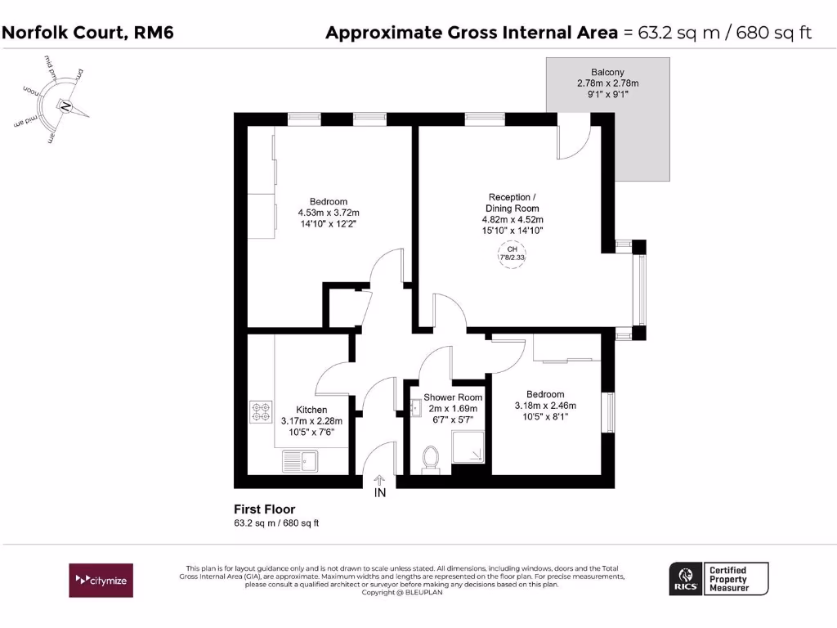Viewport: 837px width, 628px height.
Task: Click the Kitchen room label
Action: pyautogui.click(x=311, y=410)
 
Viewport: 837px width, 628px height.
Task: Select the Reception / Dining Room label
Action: pyautogui.click(x=512, y=203)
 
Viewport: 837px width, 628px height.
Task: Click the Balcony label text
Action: pyautogui.click(x=608, y=72)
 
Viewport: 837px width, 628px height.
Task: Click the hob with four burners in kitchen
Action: pyautogui.click(x=261, y=412)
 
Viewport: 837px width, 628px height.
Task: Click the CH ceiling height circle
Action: pyautogui.click(x=512, y=253)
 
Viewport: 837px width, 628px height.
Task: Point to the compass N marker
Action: pyautogui.click(x=65, y=106)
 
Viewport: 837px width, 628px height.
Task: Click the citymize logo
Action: pyautogui.click(x=100, y=580)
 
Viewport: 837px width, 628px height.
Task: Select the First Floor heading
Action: pyautogui.click(x=264, y=509)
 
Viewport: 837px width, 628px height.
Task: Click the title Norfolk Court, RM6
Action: pyautogui.click(x=88, y=33)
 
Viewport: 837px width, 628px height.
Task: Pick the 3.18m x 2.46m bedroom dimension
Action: pyautogui.click(x=545, y=406)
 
